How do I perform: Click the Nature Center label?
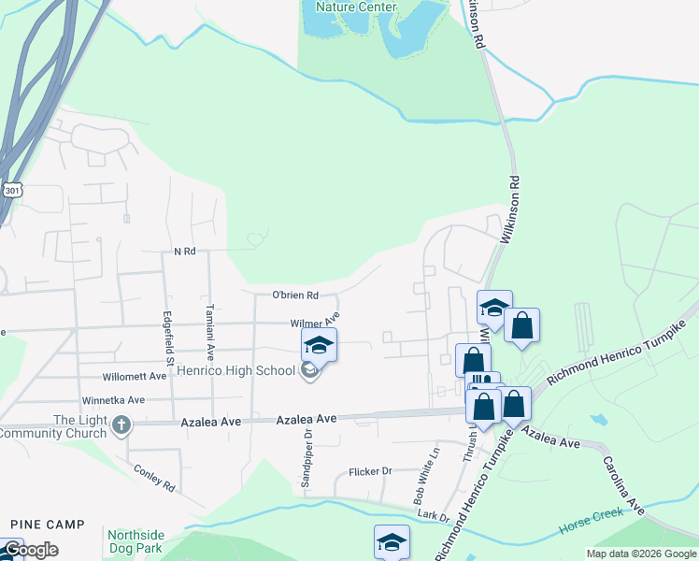pos(356,7)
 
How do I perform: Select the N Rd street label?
pos(184,252)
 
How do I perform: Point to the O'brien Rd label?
pos(295,295)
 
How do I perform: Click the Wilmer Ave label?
pos(313,324)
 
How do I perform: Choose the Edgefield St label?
pos(169,338)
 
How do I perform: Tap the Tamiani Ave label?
pos(211,333)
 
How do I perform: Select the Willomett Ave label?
pos(136,377)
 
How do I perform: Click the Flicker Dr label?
pos(370,471)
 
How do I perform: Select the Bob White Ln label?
pos(426,477)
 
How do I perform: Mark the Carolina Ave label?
pos(623,486)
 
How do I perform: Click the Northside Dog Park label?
pos(136,542)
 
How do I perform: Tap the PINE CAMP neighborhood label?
pos(48,525)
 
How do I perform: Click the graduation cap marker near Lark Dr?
pos(392,541)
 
